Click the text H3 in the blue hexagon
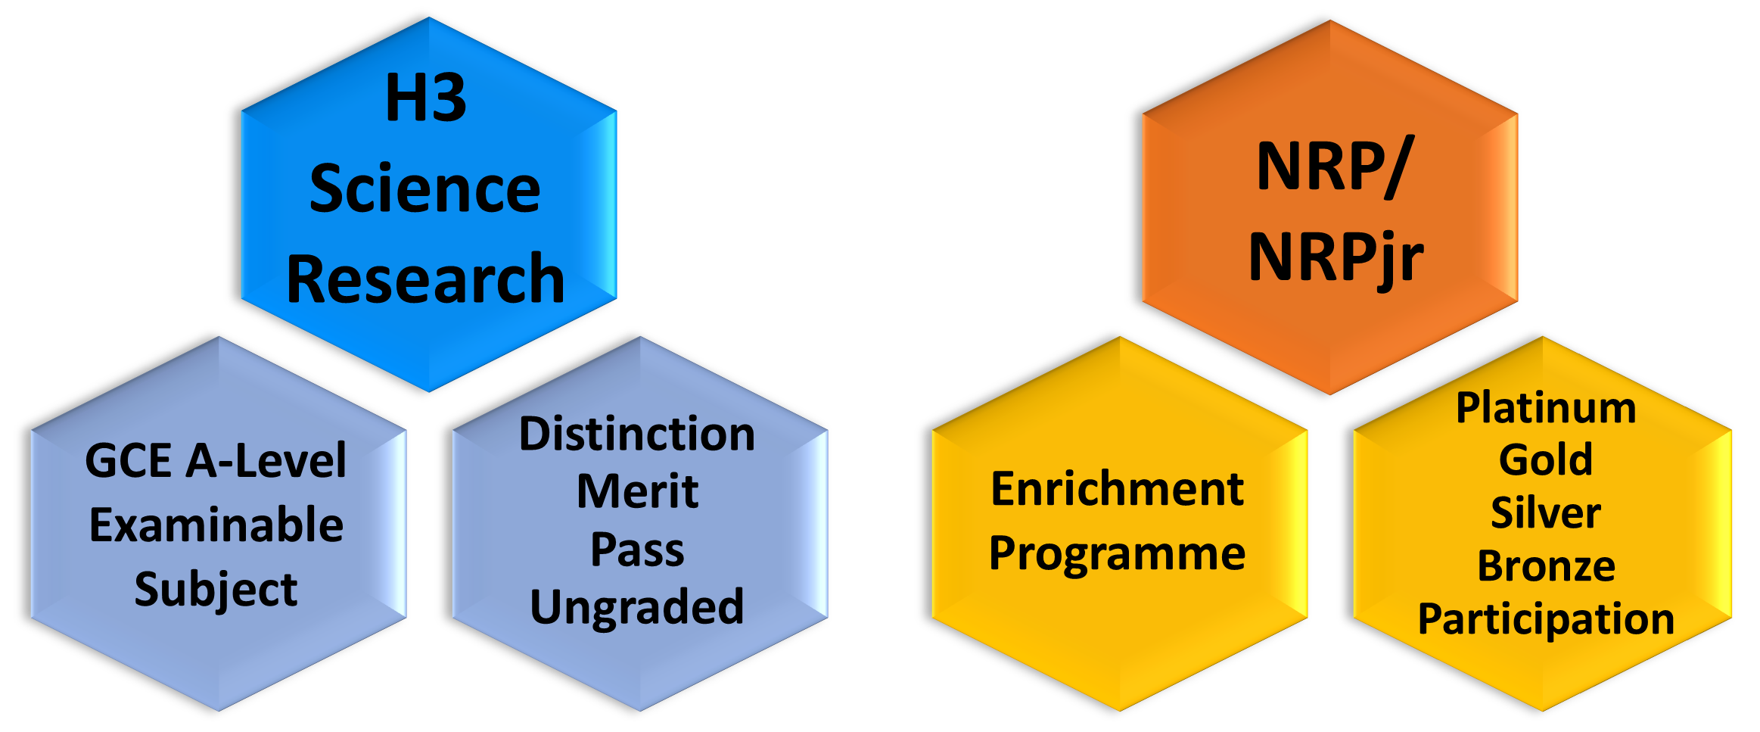tap(426, 98)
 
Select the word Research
tap(425, 279)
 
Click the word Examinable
tap(216, 524)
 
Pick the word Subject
tap(216, 590)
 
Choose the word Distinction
tap(637, 434)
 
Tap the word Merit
tap(637, 491)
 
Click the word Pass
tap(637, 549)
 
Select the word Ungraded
tap(637, 607)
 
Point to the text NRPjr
tap(1336, 257)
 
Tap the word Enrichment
tap(1118, 488)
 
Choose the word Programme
tap(1118, 553)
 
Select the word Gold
tap(1546, 459)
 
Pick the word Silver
tap(1546, 512)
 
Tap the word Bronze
tap(1546, 565)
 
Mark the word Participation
tap(1546, 619)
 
